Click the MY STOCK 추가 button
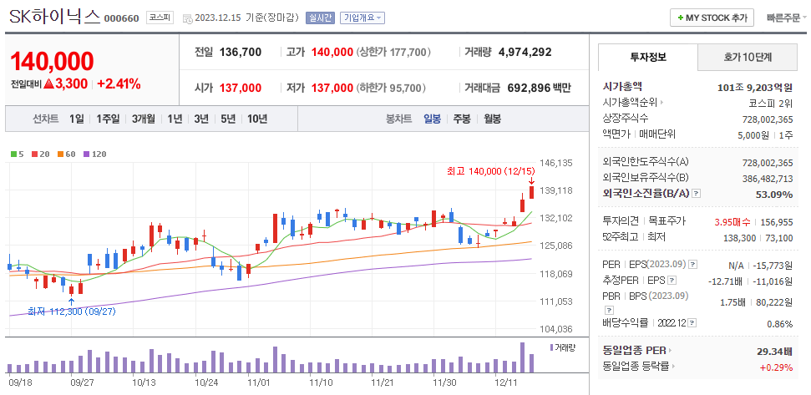pyautogui.click(x=712, y=18)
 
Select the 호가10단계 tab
pyautogui.click(x=748, y=58)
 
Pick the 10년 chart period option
pyautogui.click(x=256, y=119)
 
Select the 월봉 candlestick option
pyautogui.click(x=492, y=119)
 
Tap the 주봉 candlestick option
pyautogui.click(x=462, y=119)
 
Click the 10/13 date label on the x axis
pyautogui.click(x=144, y=382)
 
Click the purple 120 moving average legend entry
pyautogui.click(x=95, y=154)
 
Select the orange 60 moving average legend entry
pyautogui.click(x=67, y=154)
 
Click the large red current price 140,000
pyautogui.click(x=52, y=61)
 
